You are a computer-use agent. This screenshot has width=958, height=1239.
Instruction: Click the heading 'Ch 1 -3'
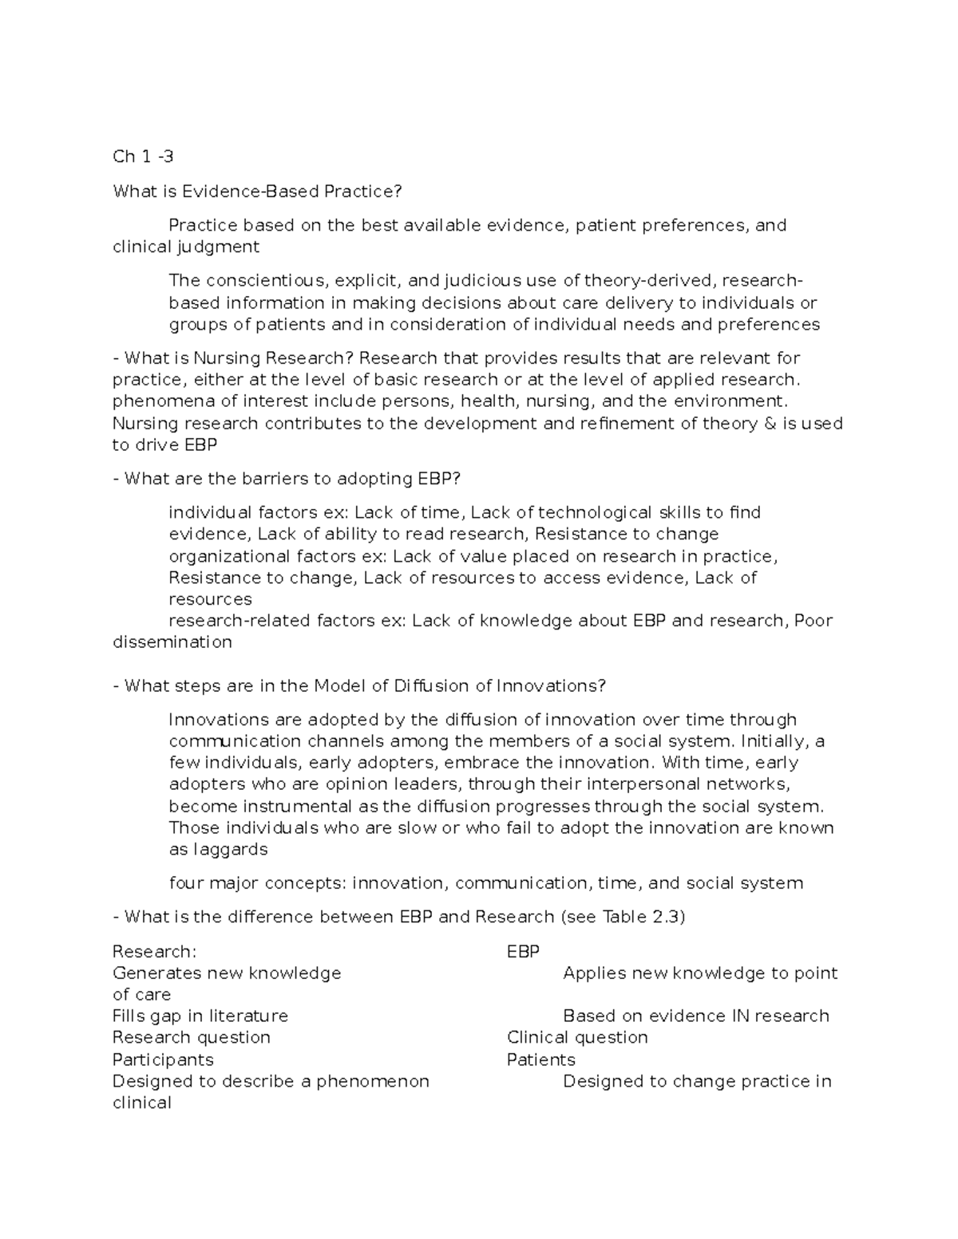tap(143, 156)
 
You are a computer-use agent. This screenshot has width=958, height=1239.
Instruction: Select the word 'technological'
tap(595, 512)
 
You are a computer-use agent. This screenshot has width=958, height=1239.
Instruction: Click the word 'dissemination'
tap(172, 642)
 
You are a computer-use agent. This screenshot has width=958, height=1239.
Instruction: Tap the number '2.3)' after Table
tap(668, 917)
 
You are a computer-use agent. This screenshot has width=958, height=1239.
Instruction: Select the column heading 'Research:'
tap(154, 952)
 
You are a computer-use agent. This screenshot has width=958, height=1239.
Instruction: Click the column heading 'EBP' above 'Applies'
tap(524, 952)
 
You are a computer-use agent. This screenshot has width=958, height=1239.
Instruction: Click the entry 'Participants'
tap(163, 1060)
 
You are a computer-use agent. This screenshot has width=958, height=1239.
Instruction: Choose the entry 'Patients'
tap(541, 1060)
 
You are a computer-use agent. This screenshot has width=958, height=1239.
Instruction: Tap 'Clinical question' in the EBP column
tap(577, 1038)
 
